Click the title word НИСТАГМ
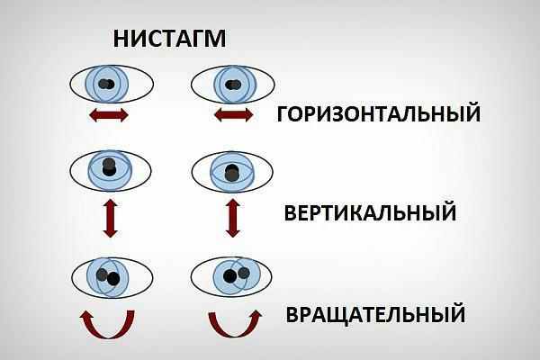point(168,39)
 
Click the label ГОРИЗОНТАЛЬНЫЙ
point(378,114)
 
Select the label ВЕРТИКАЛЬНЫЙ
point(370,213)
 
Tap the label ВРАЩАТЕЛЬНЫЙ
point(375,315)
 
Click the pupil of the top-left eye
point(107,85)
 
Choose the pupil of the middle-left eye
point(110,167)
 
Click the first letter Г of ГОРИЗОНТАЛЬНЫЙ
point(283,114)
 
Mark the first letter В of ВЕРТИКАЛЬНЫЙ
point(292,213)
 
